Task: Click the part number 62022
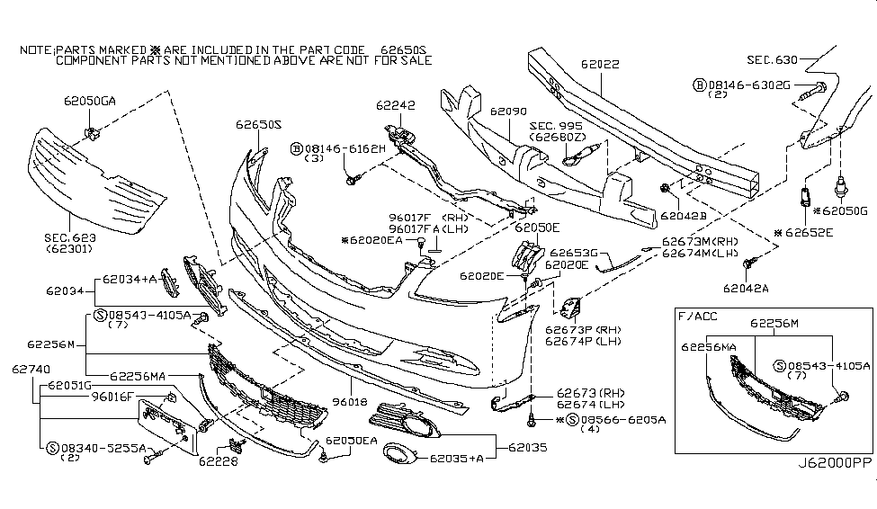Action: click(601, 65)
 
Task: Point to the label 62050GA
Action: click(89, 102)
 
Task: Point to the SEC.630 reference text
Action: click(771, 59)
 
